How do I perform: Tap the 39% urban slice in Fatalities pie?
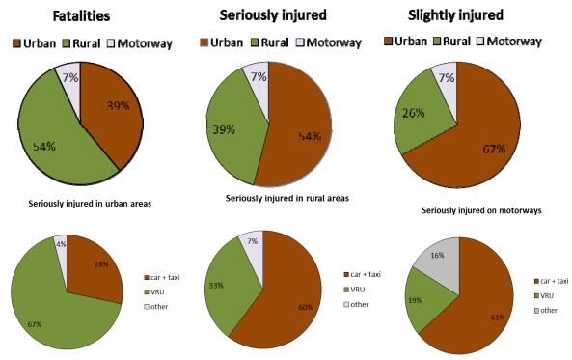(x=114, y=111)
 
